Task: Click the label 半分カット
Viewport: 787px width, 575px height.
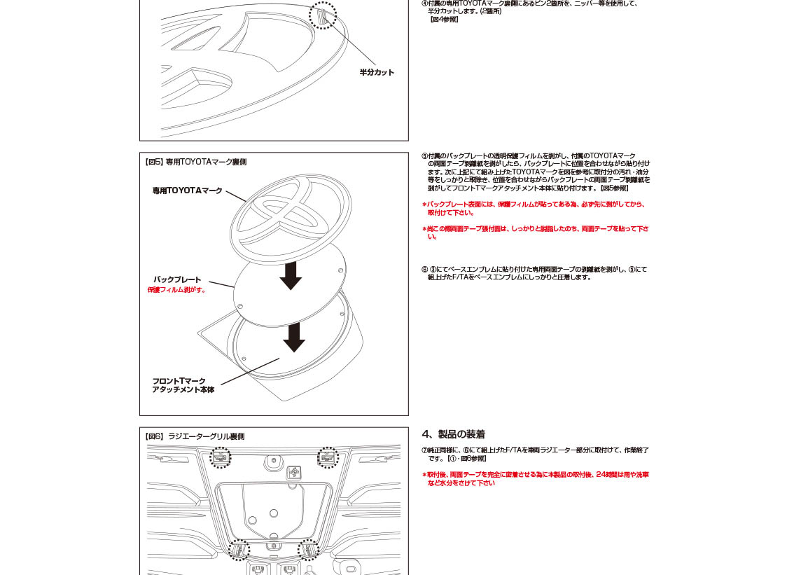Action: (377, 72)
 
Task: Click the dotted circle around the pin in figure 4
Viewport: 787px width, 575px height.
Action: (323, 15)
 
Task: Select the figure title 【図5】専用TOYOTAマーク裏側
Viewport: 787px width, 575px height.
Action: (195, 162)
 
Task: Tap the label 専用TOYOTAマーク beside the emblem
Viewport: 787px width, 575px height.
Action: (187, 190)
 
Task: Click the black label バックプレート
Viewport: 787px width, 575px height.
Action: (177, 279)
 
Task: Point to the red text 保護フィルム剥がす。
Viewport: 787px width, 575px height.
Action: (177, 290)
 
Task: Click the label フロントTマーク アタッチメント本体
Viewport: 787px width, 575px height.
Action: (183, 385)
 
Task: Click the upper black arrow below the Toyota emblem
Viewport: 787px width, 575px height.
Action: (291, 275)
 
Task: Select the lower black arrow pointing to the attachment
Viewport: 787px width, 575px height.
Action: (293, 337)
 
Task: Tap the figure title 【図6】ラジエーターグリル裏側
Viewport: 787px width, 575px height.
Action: (194, 436)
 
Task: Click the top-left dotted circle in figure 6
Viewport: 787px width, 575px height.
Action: (221, 457)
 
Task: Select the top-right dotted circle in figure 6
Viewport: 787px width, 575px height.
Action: (328, 457)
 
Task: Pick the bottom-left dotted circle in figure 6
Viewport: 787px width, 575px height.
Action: (239, 550)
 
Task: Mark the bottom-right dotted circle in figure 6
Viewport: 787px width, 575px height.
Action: (308, 550)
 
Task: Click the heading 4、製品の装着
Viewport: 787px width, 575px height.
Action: (453, 434)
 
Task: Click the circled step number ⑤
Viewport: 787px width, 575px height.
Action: (424, 155)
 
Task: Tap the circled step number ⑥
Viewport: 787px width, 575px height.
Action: (424, 270)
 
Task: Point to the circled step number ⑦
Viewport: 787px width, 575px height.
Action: (424, 450)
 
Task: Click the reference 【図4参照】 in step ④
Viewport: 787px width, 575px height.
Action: (444, 20)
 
